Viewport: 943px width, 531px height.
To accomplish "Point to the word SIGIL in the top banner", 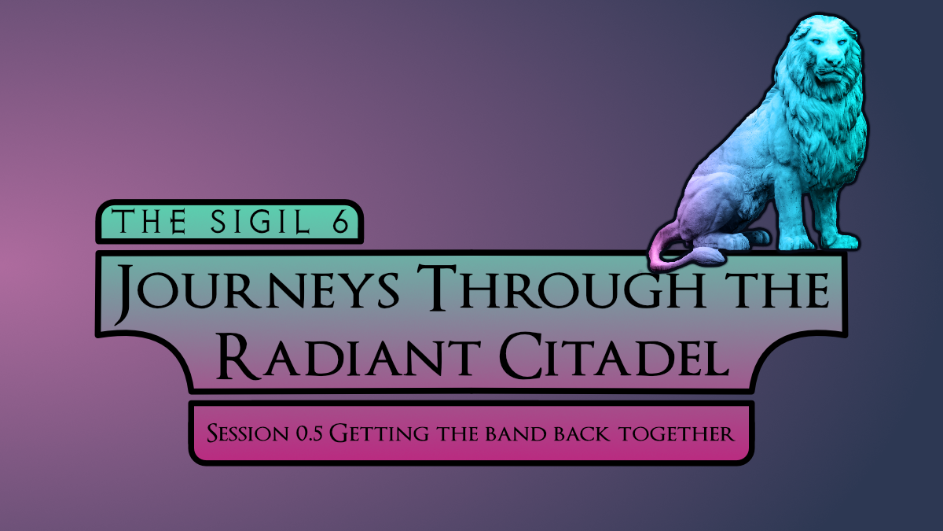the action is (x=261, y=222).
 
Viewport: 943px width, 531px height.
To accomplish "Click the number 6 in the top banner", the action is (x=340, y=222).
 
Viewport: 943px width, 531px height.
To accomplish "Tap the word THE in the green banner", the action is (x=149, y=221).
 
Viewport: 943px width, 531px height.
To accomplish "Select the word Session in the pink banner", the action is (x=248, y=433).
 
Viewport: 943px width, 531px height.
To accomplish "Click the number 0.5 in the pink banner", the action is (x=310, y=433).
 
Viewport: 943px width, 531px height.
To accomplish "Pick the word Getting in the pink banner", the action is (x=379, y=433).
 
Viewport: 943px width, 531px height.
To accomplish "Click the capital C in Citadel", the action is (x=521, y=356).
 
